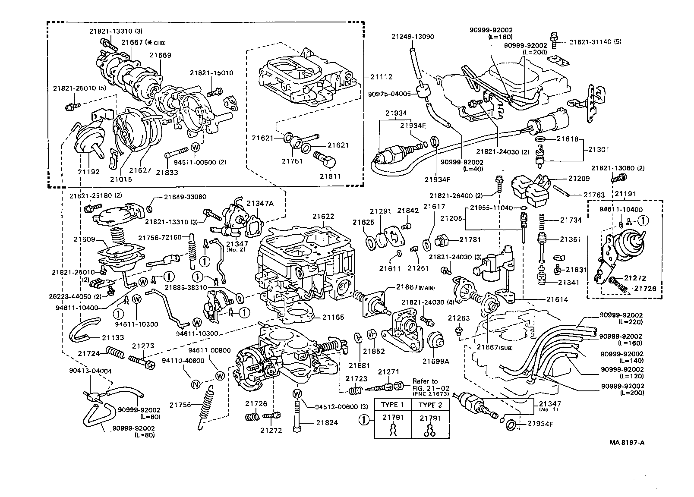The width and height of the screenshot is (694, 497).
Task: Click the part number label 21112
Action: (382, 77)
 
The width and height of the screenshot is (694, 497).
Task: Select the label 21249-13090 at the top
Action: (413, 37)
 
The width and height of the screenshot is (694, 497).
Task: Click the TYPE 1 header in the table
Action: (392, 405)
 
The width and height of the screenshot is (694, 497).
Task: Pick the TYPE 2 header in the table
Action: (430, 405)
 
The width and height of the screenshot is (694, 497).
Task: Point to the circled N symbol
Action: (195, 384)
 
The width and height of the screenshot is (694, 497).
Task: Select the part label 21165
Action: (333, 317)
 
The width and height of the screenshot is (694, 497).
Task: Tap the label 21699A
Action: (435, 361)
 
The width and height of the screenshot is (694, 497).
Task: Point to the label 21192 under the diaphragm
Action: (88, 171)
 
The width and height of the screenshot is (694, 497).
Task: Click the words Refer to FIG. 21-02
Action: (427, 384)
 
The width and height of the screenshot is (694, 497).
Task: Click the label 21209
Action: (579, 178)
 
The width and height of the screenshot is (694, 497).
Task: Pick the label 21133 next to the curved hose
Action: (113, 337)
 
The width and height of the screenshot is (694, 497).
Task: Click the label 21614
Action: (557, 299)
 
